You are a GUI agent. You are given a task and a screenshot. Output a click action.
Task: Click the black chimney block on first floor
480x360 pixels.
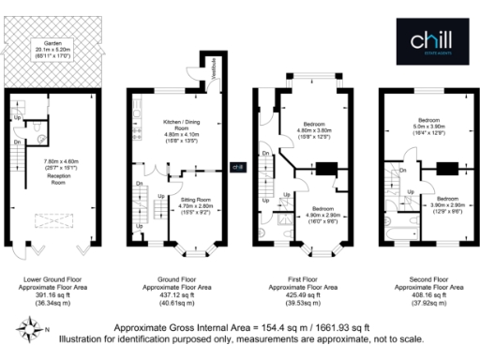point(327,169)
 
